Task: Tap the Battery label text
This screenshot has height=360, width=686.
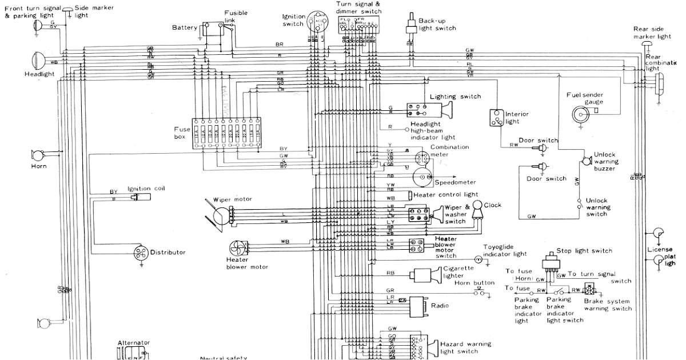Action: (185, 27)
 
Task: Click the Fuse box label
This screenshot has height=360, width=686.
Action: (182, 133)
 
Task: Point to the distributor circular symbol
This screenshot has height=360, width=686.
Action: (140, 252)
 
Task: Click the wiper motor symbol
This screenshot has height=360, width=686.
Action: (218, 214)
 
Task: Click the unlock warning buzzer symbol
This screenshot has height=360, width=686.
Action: (585, 162)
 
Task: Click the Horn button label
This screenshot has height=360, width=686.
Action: (474, 283)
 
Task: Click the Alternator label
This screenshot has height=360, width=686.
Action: (133, 343)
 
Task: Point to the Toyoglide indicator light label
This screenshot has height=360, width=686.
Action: (505, 250)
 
